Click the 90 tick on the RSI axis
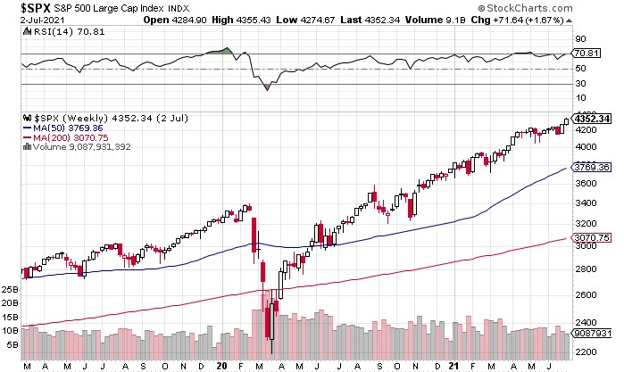click(x=579, y=39)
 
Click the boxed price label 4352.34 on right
click(x=592, y=119)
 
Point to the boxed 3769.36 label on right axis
click(x=592, y=167)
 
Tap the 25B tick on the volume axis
click(x=10, y=290)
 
